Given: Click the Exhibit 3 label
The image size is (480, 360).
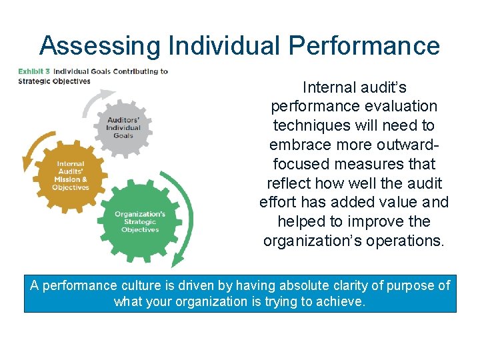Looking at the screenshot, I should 33,71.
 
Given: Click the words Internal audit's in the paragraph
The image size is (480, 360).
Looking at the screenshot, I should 354,87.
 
